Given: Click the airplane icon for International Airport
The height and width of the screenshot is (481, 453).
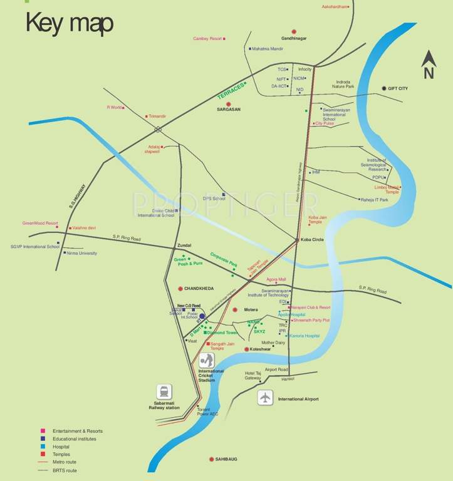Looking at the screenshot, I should coord(266,397).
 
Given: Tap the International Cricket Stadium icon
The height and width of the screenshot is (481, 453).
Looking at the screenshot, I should coord(207,361).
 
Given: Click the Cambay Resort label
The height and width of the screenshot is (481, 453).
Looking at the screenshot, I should coord(207,38).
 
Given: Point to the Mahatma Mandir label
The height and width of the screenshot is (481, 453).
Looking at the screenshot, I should coord(268,48).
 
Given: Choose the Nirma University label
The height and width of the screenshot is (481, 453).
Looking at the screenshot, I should coord(81,253).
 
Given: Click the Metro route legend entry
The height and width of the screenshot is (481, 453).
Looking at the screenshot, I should coord(67,462).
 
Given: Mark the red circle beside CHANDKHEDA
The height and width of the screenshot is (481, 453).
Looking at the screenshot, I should coord(181,288).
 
